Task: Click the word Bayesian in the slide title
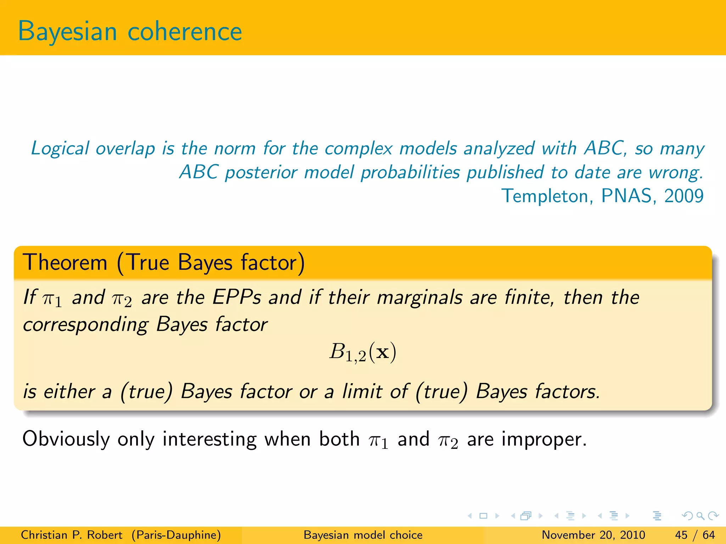tap(67, 32)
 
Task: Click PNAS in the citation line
tap(627, 196)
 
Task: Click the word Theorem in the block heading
tap(65, 263)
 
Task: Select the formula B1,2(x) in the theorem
tap(363, 353)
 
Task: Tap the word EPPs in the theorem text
tap(236, 297)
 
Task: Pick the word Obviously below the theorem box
tap(66, 440)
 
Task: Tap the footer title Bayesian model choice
tap(363, 535)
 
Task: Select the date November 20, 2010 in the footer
tap(593, 535)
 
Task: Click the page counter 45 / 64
tap(695, 535)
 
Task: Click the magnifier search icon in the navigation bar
tap(700, 516)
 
